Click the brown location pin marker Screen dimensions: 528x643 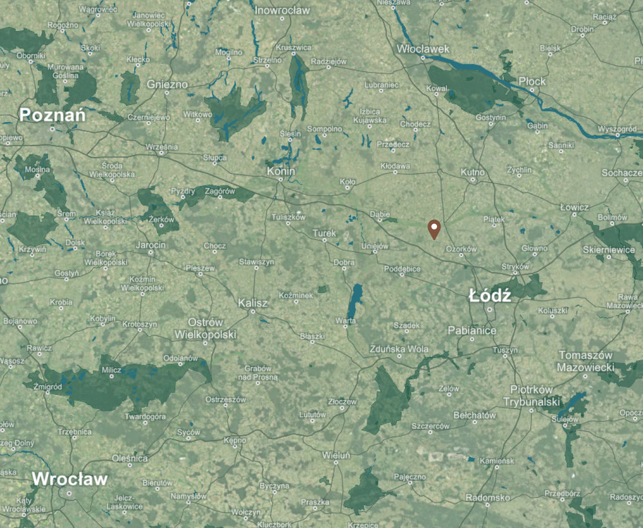pos(435,228)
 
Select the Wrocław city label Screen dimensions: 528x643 pos(69,479)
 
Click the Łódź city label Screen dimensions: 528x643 pos(490,296)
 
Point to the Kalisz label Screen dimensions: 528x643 pos(253,302)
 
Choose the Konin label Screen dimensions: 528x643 pos(282,172)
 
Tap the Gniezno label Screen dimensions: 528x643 pos(167,84)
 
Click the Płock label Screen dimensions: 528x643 pos(532,81)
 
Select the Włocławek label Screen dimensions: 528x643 pos(423,48)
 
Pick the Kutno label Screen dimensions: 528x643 pos(473,172)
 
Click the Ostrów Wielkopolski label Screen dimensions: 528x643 pos(205,329)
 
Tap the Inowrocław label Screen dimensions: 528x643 pos(282,10)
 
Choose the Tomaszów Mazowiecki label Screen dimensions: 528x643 pos(586,361)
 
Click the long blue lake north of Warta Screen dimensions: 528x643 pos(354,300)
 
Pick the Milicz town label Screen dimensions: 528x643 pos(111,369)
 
